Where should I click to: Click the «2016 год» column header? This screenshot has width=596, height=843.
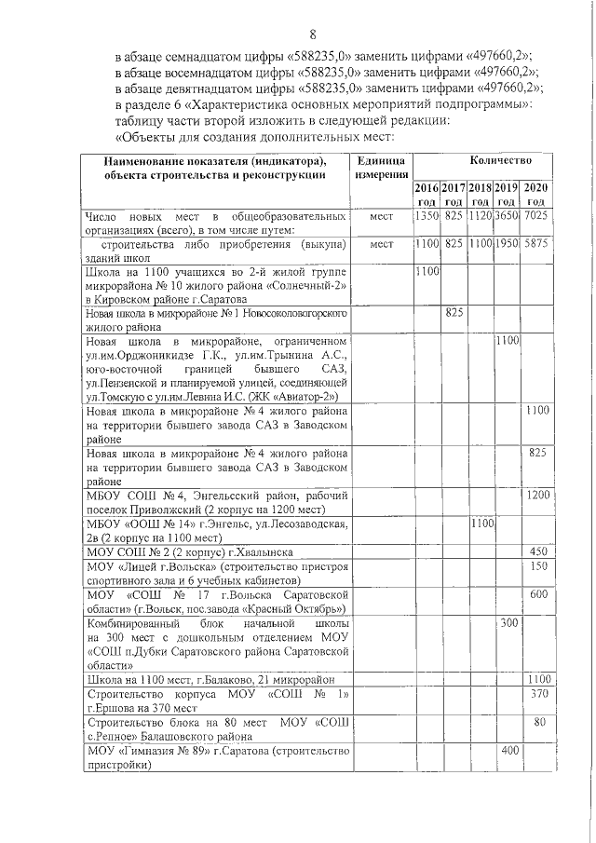427,195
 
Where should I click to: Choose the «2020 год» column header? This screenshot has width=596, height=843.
535,195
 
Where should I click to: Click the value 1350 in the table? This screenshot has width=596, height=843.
427,217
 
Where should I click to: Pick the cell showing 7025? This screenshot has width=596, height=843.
535,217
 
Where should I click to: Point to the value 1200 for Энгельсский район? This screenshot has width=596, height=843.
536,494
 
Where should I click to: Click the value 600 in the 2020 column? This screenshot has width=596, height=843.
536,594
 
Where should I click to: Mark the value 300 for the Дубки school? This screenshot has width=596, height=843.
508,622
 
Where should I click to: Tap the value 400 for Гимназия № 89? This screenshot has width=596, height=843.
508,750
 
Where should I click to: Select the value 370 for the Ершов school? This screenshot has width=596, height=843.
536,694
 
